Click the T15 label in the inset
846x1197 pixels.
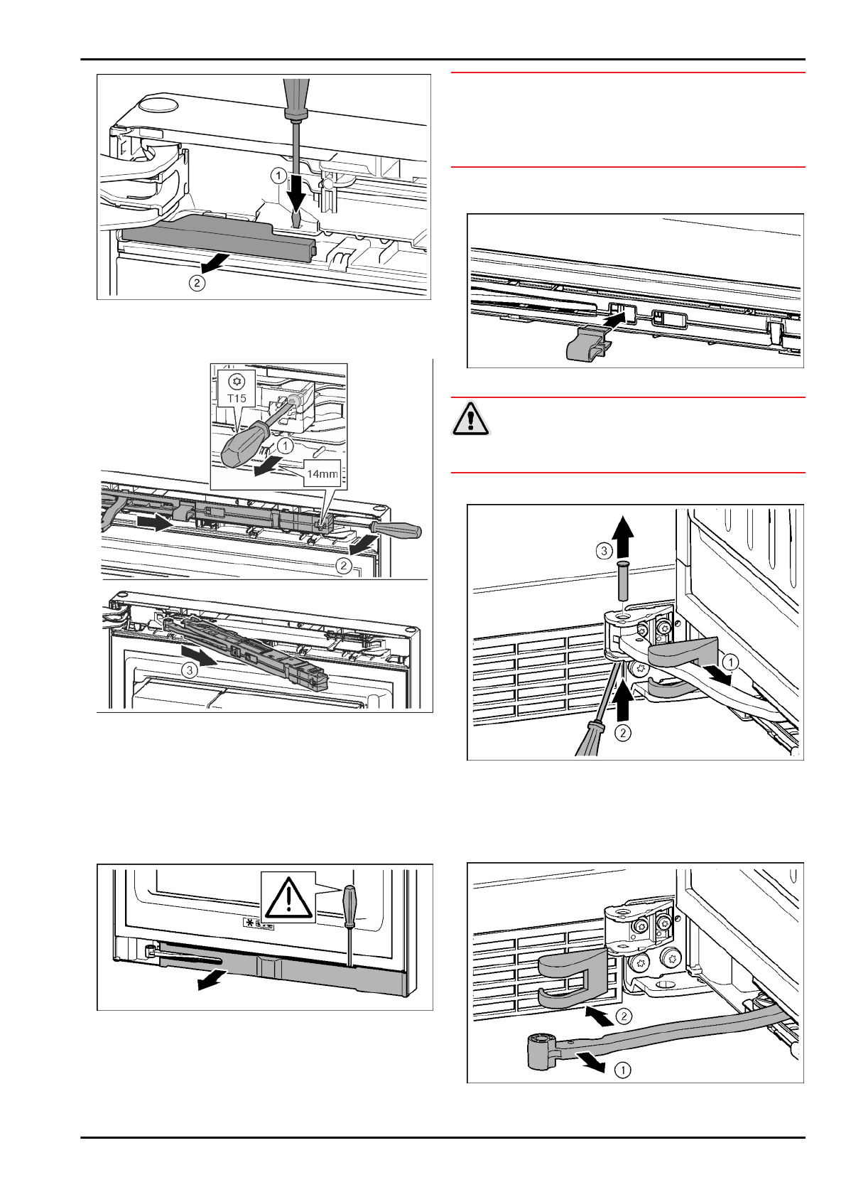pos(237,397)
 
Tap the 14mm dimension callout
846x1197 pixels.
pos(322,473)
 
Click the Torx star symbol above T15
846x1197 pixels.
pos(237,381)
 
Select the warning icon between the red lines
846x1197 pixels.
pos(470,419)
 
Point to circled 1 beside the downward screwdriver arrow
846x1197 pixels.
pos(278,175)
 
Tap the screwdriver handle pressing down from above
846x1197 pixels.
pos(295,100)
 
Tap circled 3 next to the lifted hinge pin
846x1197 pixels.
pos(604,551)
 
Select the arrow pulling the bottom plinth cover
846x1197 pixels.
pos(212,981)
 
